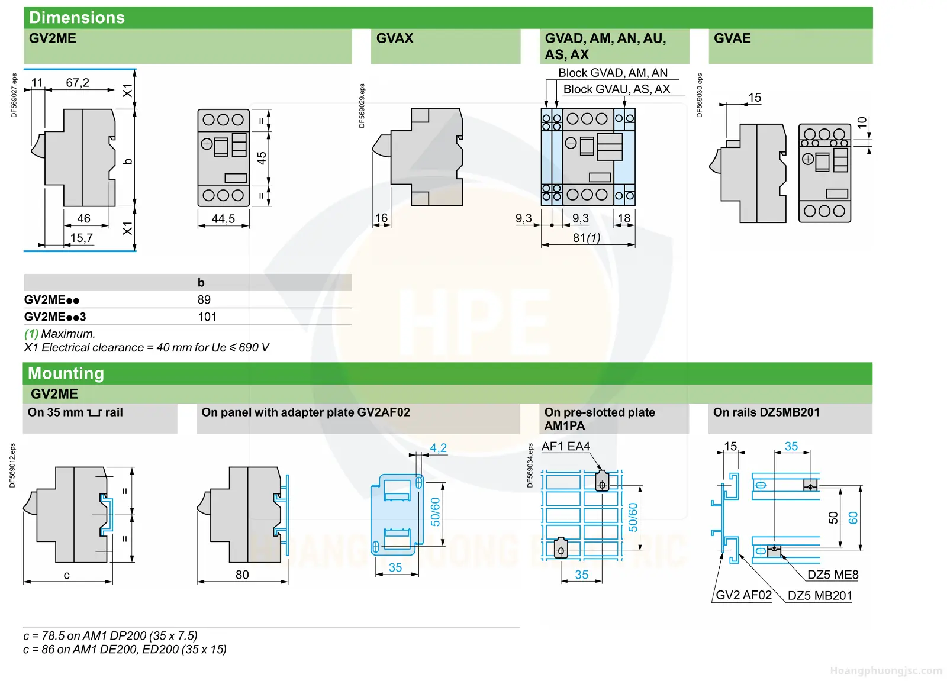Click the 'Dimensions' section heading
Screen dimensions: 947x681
(76, 18)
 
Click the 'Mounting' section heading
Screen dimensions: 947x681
(66, 373)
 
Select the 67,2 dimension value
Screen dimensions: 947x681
(78, 82)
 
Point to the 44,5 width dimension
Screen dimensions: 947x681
(223, 218)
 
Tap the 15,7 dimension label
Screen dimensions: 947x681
(82, 238)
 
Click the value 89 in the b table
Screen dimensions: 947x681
(204, 300)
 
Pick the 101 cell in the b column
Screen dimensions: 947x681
(207, 317)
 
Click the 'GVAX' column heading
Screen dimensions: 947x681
(394, 38)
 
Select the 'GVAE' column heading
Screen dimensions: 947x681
(732, 38)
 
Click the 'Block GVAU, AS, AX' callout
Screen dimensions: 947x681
(616, 89)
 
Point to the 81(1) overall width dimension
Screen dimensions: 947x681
(587, 238)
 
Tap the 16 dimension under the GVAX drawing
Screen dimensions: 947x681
(381, 218)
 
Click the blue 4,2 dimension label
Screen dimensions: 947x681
(439, 448)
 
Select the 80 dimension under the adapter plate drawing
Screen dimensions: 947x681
(242, 575)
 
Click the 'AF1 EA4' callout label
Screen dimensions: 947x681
(565, 446)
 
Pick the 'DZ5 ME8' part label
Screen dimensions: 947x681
(833, 575)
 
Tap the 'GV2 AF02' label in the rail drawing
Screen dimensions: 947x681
(743, 595)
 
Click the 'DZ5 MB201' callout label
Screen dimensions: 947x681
(820, 596)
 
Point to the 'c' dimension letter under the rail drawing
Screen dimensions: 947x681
(66, 575)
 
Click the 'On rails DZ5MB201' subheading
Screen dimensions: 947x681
(766, 412)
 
